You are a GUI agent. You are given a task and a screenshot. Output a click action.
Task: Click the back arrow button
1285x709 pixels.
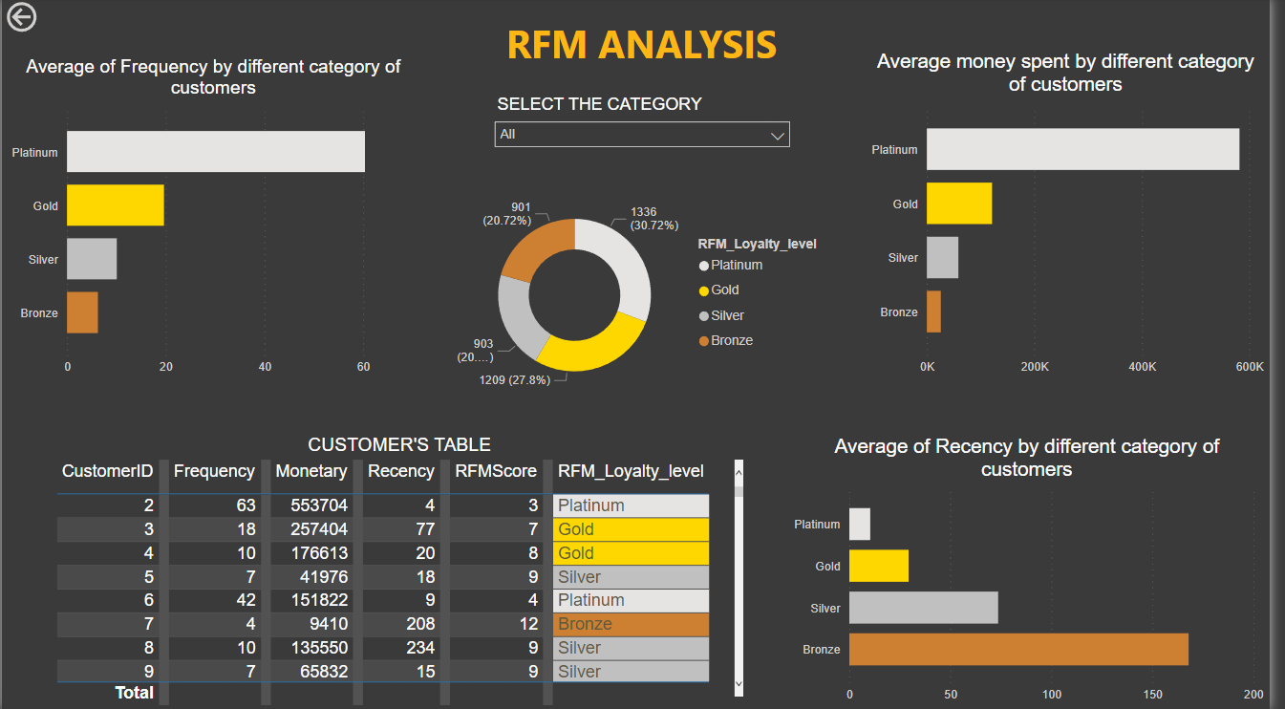21,16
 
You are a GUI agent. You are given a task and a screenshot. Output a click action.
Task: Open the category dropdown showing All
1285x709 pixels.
642,135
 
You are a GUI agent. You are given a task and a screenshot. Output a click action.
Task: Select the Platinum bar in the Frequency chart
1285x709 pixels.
215,152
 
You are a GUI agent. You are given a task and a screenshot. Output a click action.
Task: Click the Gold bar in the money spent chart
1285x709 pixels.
959,204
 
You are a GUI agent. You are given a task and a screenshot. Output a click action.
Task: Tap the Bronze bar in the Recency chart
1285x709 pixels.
1018,649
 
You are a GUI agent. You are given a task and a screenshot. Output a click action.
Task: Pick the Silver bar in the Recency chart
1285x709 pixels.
923,608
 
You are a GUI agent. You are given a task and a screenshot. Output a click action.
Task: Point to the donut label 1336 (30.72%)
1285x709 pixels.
653,219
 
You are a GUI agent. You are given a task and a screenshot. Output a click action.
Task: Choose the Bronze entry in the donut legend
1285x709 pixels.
732,340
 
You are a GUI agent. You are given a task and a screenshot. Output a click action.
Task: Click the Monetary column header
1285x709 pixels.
311,471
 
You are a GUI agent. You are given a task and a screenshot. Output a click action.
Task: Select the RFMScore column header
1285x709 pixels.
495,471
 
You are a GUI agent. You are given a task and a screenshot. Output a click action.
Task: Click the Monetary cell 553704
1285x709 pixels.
311,505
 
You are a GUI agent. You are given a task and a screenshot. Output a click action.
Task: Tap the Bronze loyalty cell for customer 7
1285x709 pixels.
631,624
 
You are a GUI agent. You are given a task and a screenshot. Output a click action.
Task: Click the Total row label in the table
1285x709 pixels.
135,693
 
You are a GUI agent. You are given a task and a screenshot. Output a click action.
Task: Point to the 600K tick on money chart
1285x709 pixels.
1250,368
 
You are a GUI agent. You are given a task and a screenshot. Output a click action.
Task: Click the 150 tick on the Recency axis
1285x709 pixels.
1153,695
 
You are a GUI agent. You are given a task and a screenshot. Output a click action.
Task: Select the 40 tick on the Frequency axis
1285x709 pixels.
265,368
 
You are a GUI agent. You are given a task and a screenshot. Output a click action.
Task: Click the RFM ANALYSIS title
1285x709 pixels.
641,44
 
